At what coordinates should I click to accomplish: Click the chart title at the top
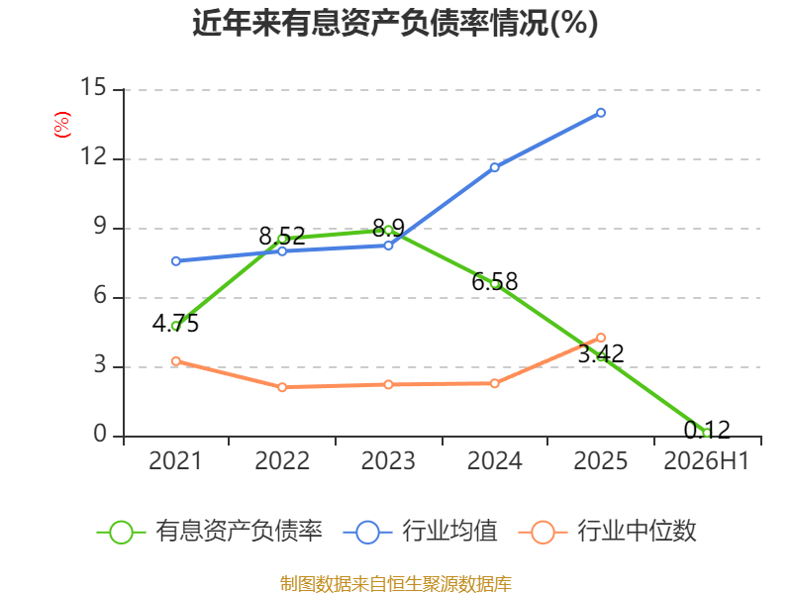[x=395, y=23]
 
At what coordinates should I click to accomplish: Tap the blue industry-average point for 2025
[x=601, y=113]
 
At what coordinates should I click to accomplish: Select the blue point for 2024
[x=494, y=167]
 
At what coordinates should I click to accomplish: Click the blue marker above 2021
[x=176, y=261]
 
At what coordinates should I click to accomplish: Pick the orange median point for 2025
[x=601, y=338]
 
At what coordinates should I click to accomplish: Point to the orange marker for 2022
[x=282, y=387]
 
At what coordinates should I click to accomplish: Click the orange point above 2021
[x=176, y=361]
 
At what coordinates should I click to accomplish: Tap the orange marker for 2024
[x=494, y=383]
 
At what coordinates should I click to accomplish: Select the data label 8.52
[x=282, y=236]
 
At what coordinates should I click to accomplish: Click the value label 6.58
[x=494, y=281]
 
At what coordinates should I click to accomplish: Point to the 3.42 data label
[x=601, y=353]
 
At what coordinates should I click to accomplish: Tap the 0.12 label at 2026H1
[x=707, y=430]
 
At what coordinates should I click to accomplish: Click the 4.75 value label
[x=176, y=324]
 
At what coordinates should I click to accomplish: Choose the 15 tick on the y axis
[x=93, y=87]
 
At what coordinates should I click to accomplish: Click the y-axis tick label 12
[x=93, y=156]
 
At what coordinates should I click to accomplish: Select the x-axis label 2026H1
[x=706, y=460]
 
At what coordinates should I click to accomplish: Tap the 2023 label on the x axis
[x=388, y=460]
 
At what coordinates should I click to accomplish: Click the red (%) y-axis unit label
[x=62, y=125]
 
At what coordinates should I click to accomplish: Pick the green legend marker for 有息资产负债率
[x=121, y=533]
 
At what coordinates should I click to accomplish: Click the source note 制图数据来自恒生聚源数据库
[x=395, y=583]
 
